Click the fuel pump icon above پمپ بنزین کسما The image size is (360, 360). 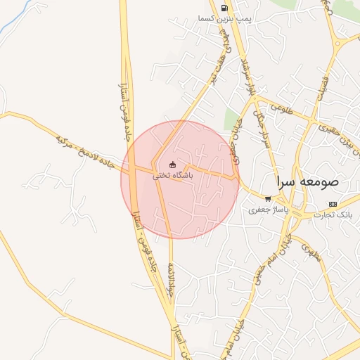(224, 8)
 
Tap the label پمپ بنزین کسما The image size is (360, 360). (224, 18)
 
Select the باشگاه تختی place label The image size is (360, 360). (173, 176)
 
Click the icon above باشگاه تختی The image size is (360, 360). (173, 166)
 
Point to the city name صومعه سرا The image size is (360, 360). (307, 181)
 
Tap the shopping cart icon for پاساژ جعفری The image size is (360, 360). (267, 199)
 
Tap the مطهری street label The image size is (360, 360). (311, 251)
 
